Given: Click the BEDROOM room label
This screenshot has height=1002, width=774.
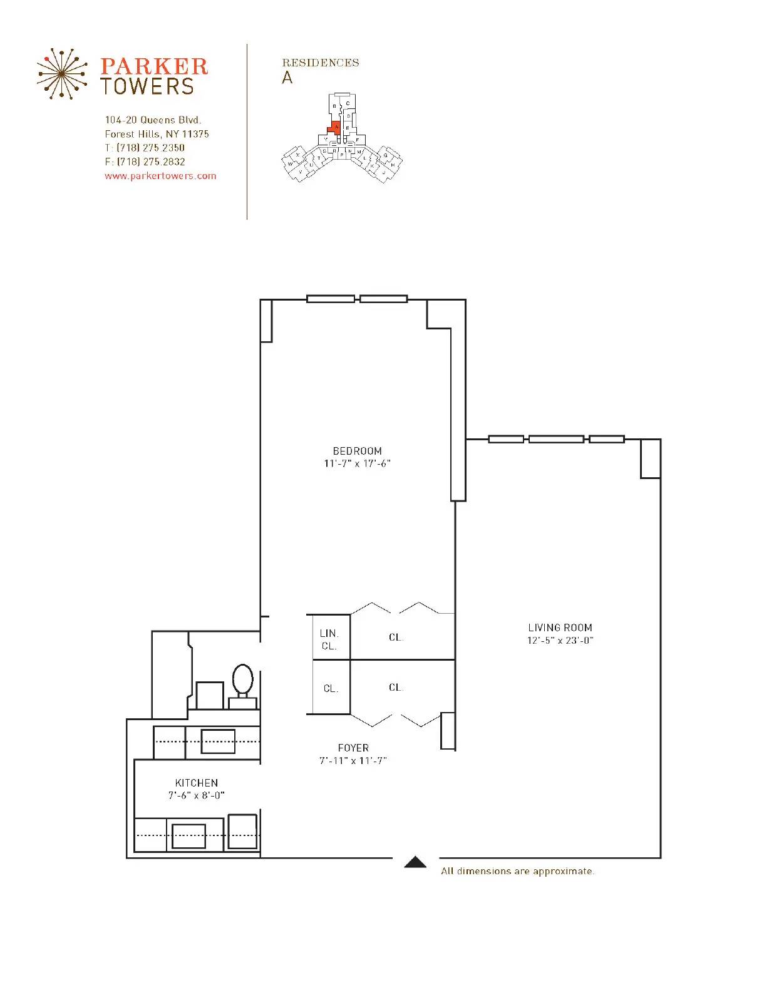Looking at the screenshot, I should [357, 451].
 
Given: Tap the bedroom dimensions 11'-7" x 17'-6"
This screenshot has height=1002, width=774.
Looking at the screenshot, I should [357, 464].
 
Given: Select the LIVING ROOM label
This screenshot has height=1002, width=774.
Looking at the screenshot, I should [560, 628].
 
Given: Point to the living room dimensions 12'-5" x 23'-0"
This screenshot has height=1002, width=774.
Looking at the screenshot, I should [560, 641].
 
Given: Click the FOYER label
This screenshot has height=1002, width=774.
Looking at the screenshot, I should [353, 748].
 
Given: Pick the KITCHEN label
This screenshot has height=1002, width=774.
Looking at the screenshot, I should [197, 783].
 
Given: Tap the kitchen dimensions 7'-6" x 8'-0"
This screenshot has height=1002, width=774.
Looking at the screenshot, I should [197, 796].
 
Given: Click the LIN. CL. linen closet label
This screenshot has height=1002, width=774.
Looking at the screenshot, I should [329, 639].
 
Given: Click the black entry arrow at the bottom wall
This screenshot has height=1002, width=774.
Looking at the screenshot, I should [415, 862].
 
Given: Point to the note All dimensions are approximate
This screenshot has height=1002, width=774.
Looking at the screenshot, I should [517, 871].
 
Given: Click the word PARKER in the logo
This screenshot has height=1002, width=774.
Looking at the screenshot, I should [154, 67].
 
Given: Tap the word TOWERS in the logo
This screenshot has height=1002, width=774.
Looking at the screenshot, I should [148, 87].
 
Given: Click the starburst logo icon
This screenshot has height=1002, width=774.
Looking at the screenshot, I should [61, 74].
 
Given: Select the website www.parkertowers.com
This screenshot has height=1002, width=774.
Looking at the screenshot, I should [160, 176].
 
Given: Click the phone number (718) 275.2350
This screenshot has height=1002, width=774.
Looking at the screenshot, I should [151, 148].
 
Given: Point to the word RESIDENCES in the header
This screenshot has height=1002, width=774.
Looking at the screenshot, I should [321, 63].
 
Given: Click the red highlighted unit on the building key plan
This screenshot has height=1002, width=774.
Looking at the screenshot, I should [335, 127].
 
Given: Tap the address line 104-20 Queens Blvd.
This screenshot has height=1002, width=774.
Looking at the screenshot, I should [153, 120].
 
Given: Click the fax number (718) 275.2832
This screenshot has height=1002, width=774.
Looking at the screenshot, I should [151, 162].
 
